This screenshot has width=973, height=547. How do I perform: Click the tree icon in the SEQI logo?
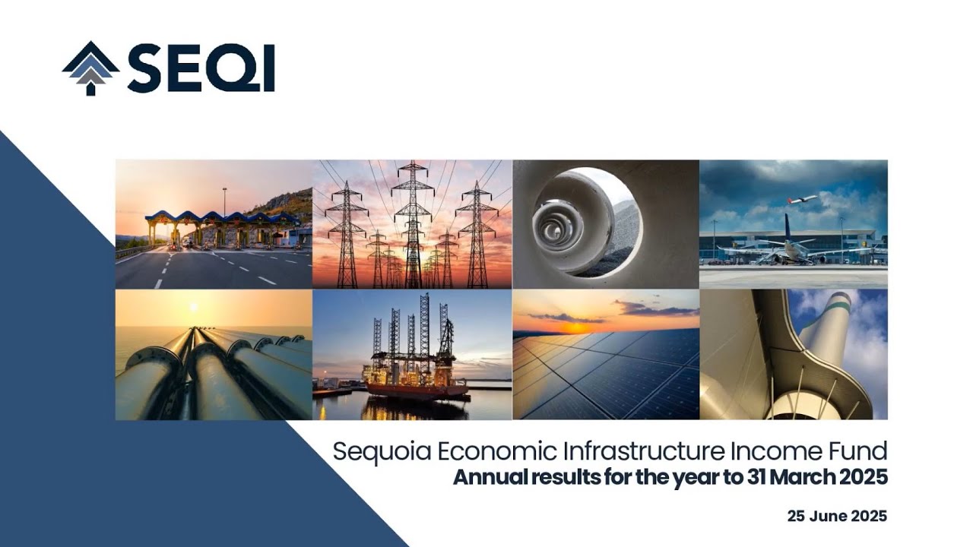tap(90, 68)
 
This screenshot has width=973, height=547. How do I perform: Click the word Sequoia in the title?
tap(382, 452)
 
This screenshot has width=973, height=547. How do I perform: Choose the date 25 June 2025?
tap(837, 517)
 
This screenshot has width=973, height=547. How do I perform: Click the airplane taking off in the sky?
tap(802, 200)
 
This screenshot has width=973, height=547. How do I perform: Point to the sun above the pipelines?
tap(193, 306)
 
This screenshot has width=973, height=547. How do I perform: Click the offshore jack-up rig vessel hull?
tap(416, 389)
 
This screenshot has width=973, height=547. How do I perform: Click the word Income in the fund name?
tap(772, 451)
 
